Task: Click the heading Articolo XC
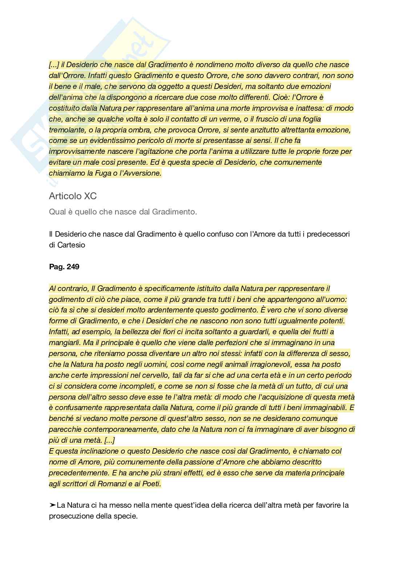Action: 73,196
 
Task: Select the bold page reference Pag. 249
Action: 64,267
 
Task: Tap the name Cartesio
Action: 71,245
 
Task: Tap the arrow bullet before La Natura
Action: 52,505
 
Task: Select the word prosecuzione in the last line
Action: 70,516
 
